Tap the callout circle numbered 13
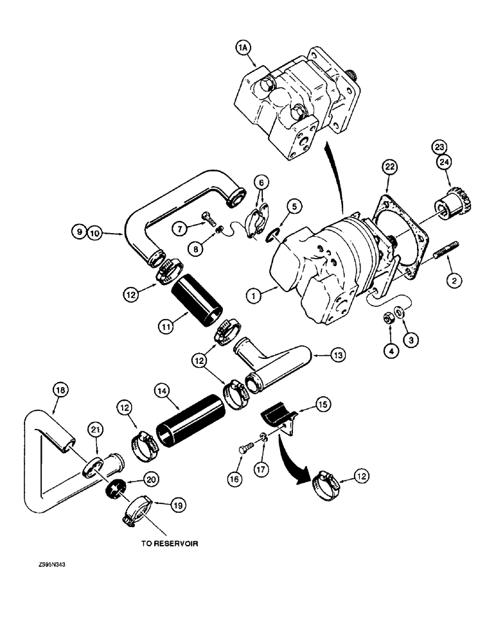tap(337, 354)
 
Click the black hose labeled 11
tap(196, 297)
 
